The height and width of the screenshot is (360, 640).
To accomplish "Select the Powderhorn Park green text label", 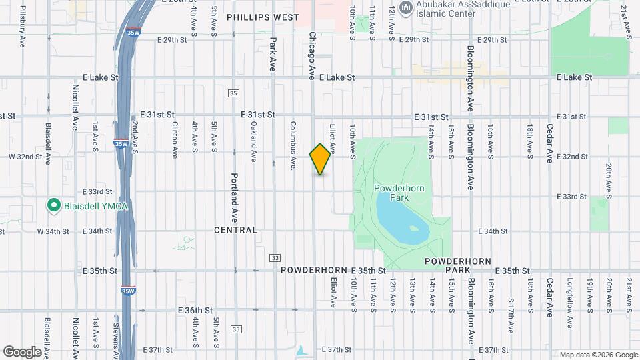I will [400, 193].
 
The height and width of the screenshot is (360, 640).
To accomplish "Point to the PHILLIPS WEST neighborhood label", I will [263, 17].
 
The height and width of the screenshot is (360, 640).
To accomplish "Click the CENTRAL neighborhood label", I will [235, 230].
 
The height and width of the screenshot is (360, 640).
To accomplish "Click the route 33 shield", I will [275, 257].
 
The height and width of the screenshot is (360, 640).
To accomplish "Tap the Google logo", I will [23, 351].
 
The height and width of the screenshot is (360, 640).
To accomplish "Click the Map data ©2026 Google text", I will [599, 355].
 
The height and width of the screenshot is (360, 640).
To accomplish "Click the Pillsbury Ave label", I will [23, 26].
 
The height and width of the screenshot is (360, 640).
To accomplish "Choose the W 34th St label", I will [55, 231].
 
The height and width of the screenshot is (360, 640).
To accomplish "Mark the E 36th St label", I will [195, 311].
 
